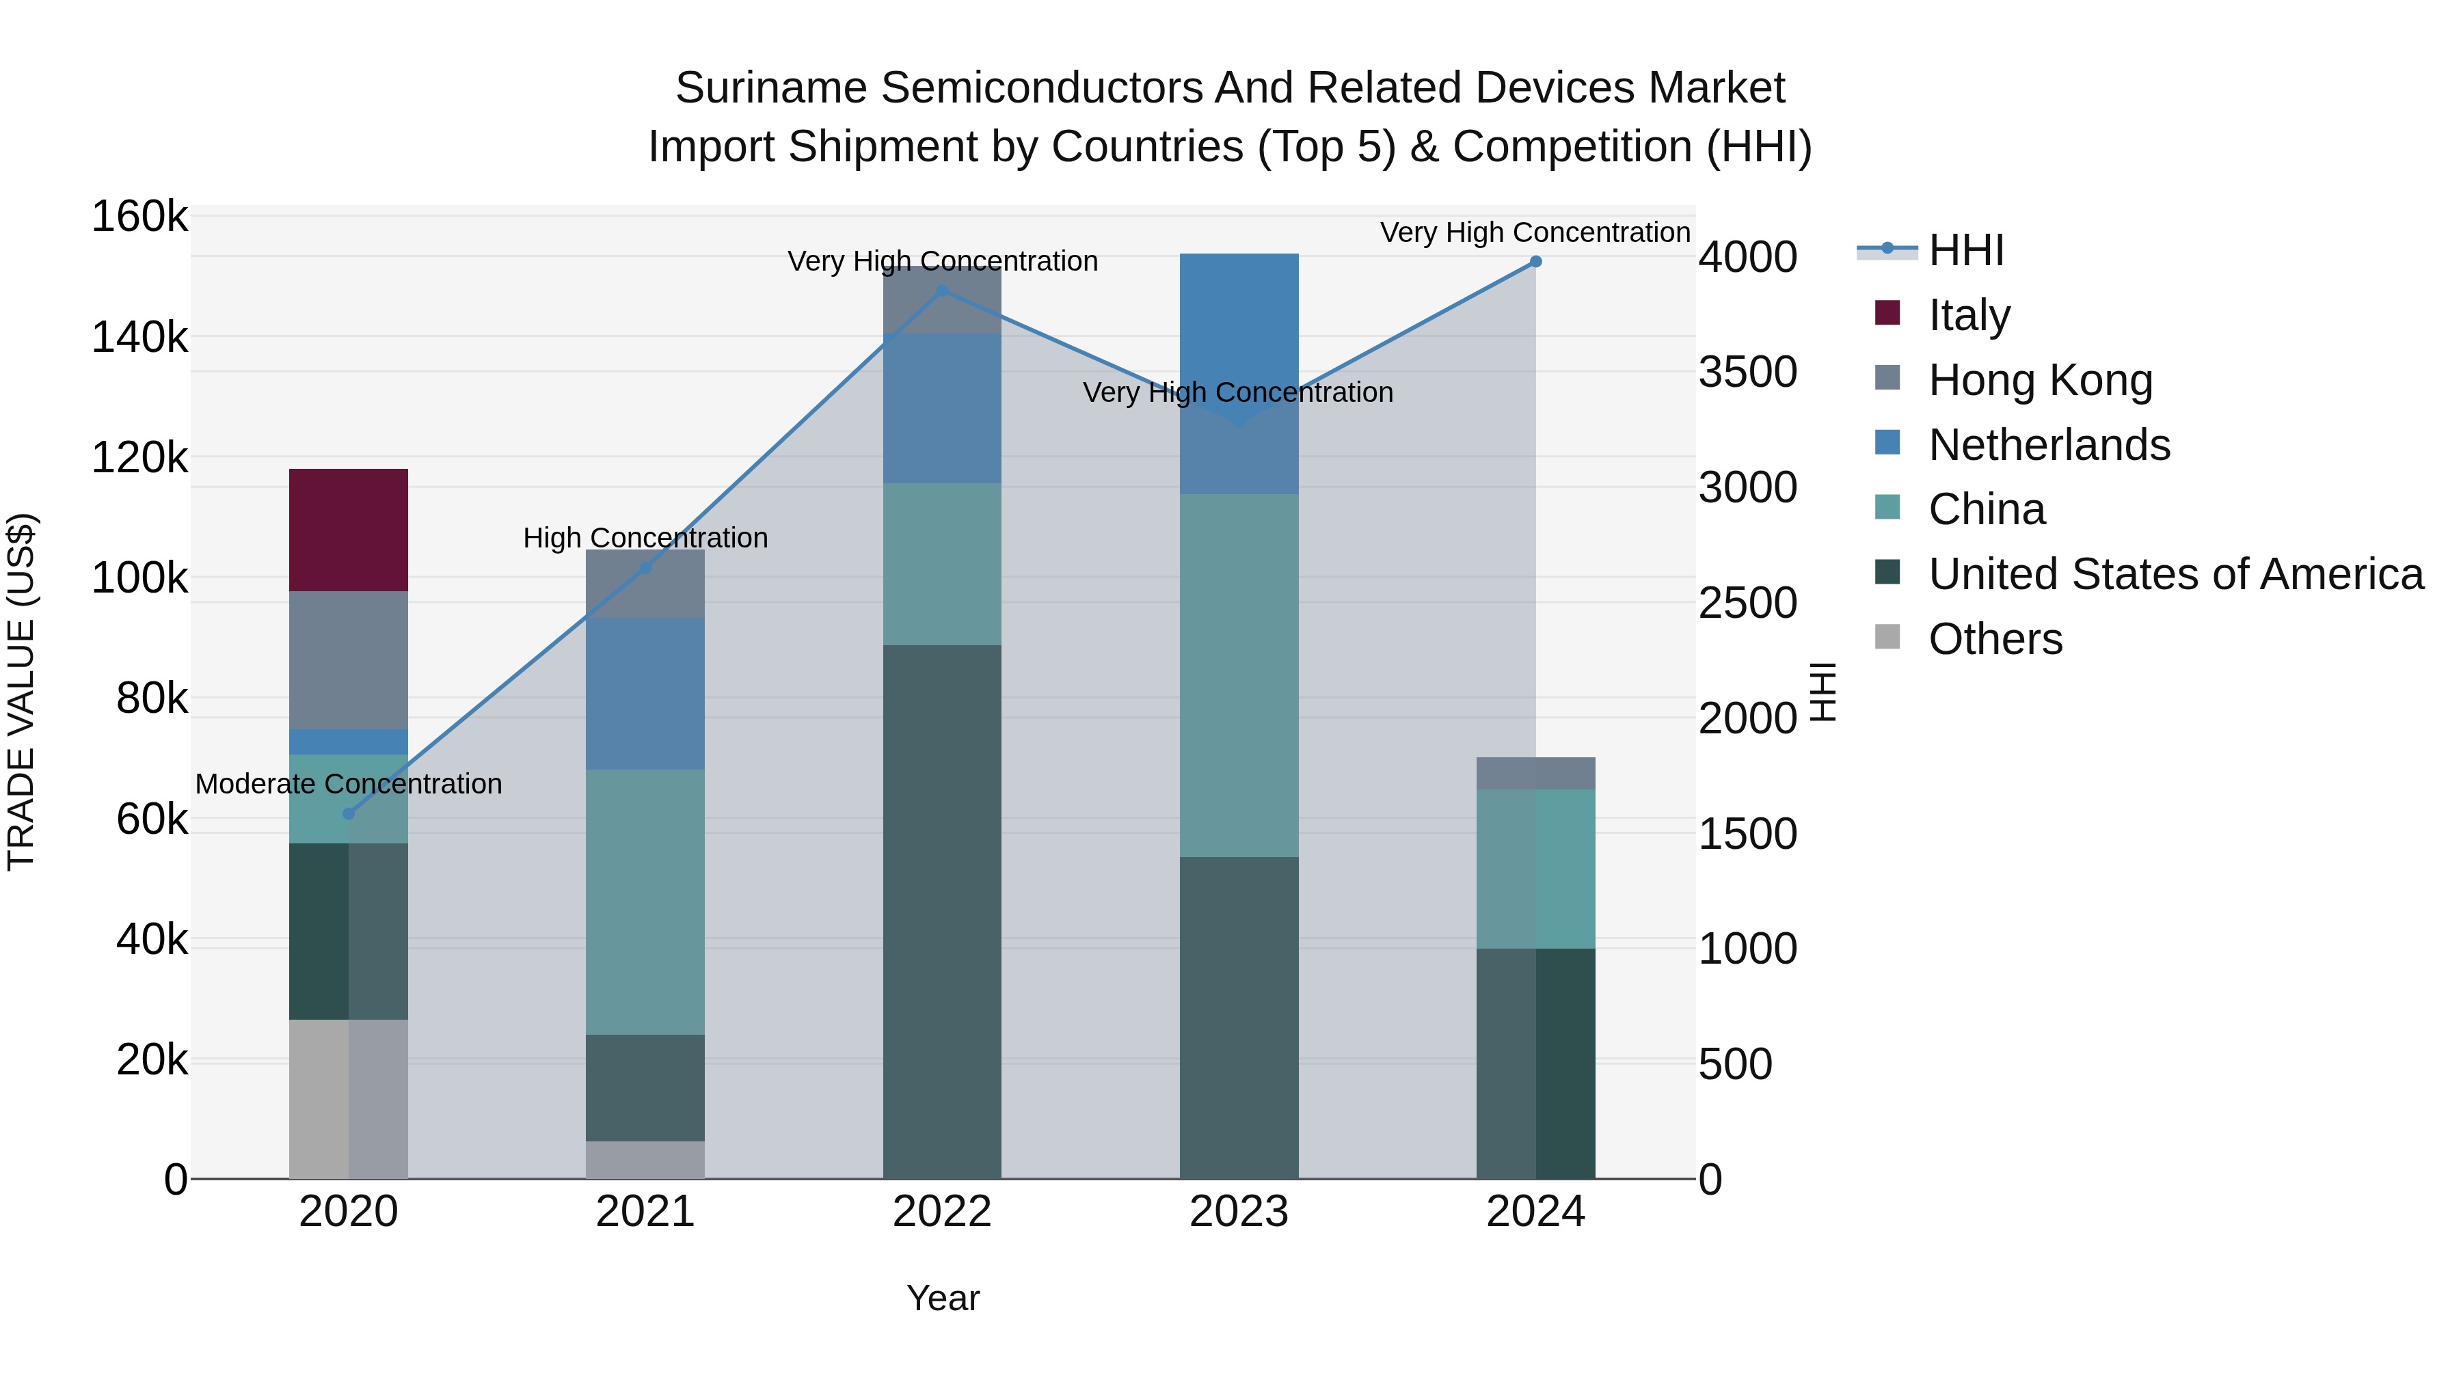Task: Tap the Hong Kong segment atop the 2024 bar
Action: [x=1535, y=773]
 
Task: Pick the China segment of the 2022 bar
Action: [x=941, y=564]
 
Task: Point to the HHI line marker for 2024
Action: [x=1535, y=262]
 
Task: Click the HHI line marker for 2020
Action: [x=349, y=814]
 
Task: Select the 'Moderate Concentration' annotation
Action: [x=349, y=784]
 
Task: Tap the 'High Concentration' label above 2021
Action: [x=645, y=538]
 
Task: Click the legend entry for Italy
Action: [x=1968, y=314]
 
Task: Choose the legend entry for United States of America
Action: [x=2175, y=574]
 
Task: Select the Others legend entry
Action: [x=1995, y=639]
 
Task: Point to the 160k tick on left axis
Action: [x=139, y=217]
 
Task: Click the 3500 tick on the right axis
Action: [x=1747, y=372]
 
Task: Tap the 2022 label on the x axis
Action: [x=941, y=1212]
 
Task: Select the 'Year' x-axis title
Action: [x=942, y=1298]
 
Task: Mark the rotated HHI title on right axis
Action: [x=1823, y=692]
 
